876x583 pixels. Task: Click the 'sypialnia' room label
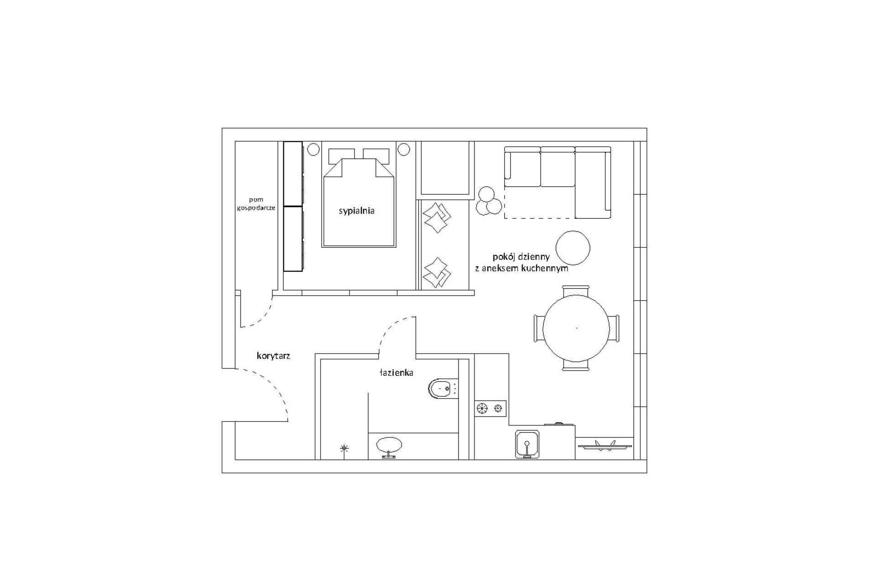pyautogui.click(x=356, y=211)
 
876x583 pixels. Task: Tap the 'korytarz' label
pyautogui.click(x=273, y=356)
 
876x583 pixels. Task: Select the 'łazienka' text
pyautogui.click(x=396, y=373)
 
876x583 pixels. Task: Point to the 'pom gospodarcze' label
pyautogui.click(x=256, y=204)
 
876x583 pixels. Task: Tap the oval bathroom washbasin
pyautogui.click(x=389, y=445)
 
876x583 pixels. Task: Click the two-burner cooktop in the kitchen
pyautogui.click(x=490, y=408)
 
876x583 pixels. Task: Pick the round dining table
pyautogui.click(x=576, y=328)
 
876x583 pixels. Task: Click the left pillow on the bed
pyautogui.click(x=341, y=155)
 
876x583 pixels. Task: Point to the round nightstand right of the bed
pyautogui.click(x=404, y=149)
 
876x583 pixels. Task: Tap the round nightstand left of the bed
pyautogui.click(x=313, y=149)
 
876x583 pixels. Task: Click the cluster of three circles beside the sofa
pyautogui.click(x=488, y=201)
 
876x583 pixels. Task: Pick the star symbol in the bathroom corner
pyautogui.click(x=344, y=448)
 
